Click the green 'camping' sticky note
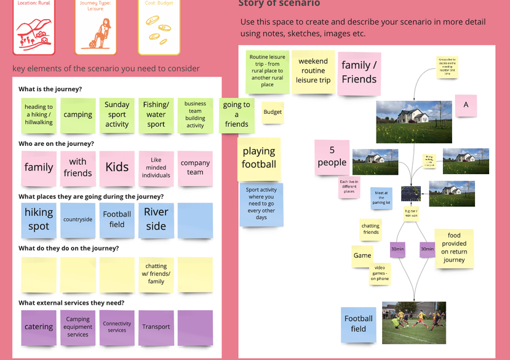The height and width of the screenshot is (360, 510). [78, 115]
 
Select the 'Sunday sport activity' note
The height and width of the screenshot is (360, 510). [117, 115]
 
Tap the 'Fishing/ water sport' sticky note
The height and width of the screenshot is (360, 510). [156, 115]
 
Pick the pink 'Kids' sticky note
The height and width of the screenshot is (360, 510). [117, 167]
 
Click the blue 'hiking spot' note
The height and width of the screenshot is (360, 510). [39, 219]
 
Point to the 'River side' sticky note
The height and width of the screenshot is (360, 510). [156, 219]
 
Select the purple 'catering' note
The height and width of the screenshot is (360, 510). [39, 327]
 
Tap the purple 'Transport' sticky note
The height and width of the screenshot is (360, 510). [156, 327]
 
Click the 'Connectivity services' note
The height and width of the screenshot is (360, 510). [117, 327]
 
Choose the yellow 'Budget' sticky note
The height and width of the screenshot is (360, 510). [273, 112]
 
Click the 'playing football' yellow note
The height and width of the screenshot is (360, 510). [259, 158]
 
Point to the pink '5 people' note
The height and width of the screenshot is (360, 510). [332, 156]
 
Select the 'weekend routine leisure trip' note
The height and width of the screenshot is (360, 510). [313, 71]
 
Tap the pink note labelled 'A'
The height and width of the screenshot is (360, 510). [466, 105]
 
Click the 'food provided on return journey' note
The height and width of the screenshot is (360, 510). [454, 247]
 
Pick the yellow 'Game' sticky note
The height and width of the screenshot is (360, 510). [362, 255]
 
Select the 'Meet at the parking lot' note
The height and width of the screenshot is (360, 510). [381, 198]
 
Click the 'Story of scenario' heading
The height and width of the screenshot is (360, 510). [279, 4]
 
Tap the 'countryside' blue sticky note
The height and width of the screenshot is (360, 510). [78, 220]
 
